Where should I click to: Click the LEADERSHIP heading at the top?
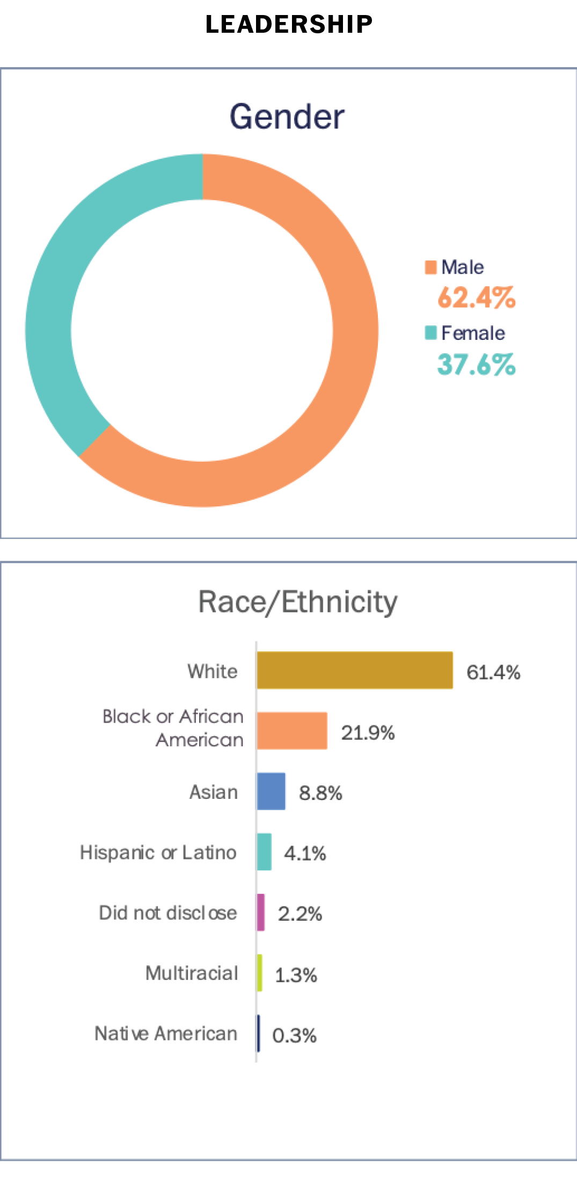[289, 24]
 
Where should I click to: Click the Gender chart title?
[287, 117]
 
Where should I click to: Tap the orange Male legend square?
[430, 267]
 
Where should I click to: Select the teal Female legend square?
[430, 333]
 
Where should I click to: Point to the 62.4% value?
[476, 297]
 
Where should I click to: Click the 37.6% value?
[476, 364]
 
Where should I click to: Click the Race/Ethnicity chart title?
[298, 602]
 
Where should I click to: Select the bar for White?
[355, 670]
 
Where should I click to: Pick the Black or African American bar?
[292, 731]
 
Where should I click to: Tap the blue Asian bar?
[271, 791]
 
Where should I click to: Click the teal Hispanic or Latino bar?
[264, 852]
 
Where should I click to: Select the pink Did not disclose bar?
[261, 912]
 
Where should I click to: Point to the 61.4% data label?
[493, 672]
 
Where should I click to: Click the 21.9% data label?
[368, 733]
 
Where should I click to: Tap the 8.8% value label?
[320, 793]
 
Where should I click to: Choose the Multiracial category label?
[192, 973]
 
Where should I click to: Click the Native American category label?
[166, 1034]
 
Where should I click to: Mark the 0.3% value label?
[294, 1036]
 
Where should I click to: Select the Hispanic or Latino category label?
[158, 852]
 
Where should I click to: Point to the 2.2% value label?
[300, 914]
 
